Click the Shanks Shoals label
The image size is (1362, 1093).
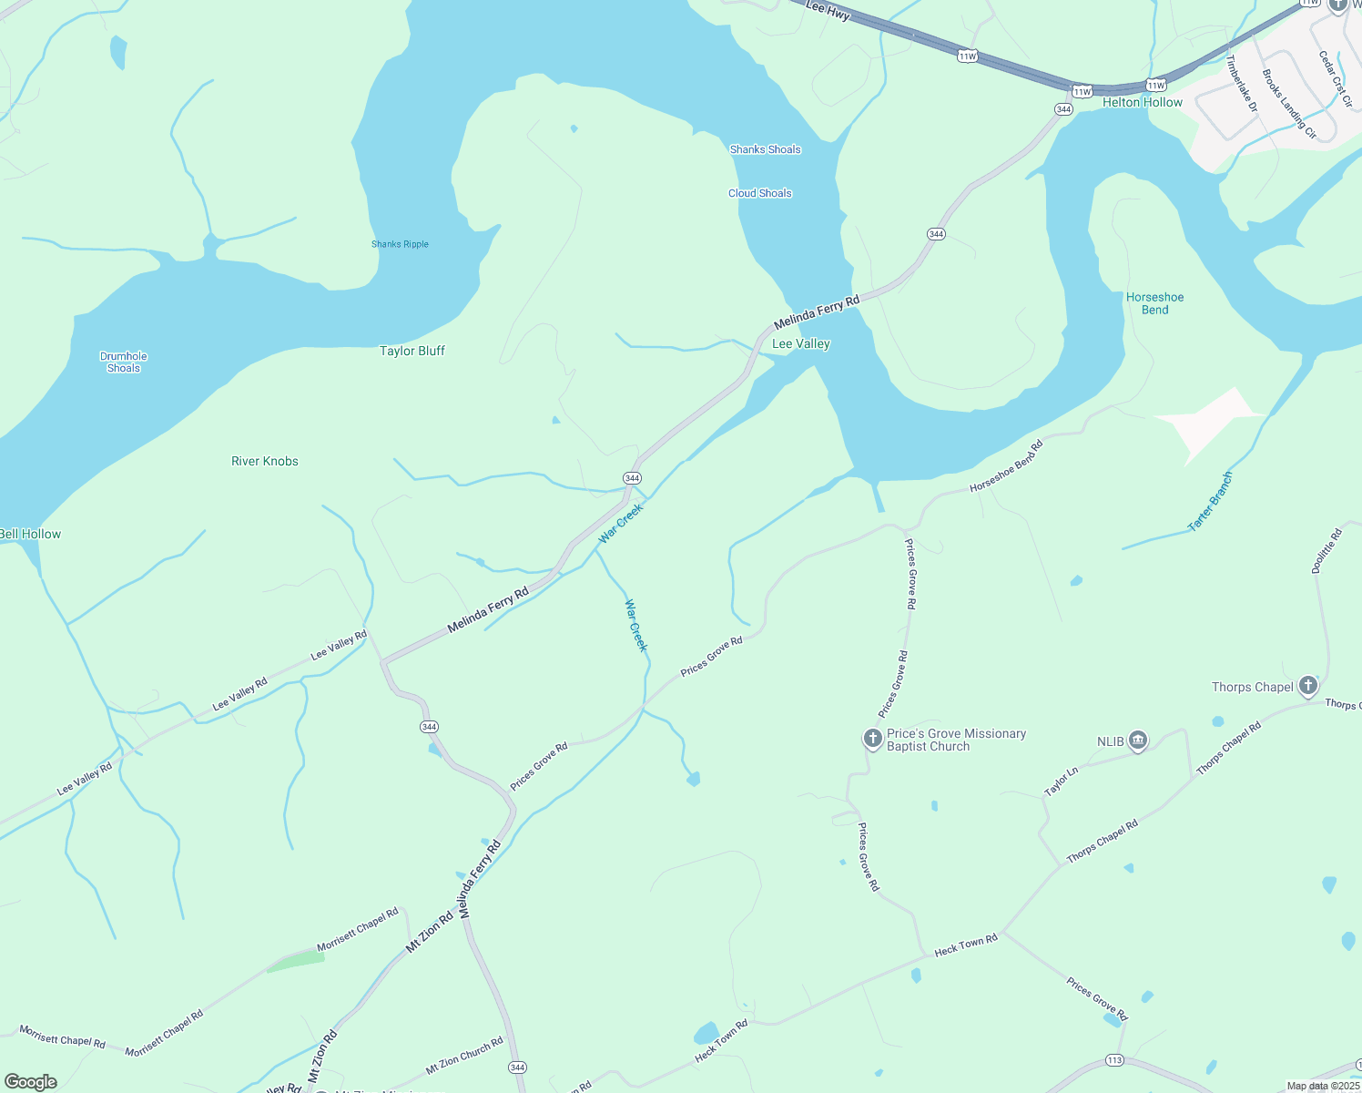765,149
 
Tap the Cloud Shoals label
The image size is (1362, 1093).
759,193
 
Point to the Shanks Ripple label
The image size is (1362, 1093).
400,244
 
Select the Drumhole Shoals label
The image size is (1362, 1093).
124,363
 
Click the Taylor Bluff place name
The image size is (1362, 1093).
412,351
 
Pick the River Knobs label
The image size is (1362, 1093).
265,461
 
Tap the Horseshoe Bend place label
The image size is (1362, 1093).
1154,303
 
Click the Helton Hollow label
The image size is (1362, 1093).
1142,103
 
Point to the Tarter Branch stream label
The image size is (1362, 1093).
1211,501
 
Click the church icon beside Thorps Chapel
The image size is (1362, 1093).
1308,686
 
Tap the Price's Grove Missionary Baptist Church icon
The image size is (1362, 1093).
872,739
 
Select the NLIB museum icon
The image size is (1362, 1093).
1138,741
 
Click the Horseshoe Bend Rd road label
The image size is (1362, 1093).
1006,466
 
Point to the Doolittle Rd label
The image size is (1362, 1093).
1326,550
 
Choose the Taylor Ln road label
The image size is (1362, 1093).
1061,781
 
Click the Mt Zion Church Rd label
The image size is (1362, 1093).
464,1055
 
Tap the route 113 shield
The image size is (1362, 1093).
1114,1059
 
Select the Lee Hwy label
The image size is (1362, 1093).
828,11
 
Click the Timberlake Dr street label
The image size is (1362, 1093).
1241,84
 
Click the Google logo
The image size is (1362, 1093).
30,1081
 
